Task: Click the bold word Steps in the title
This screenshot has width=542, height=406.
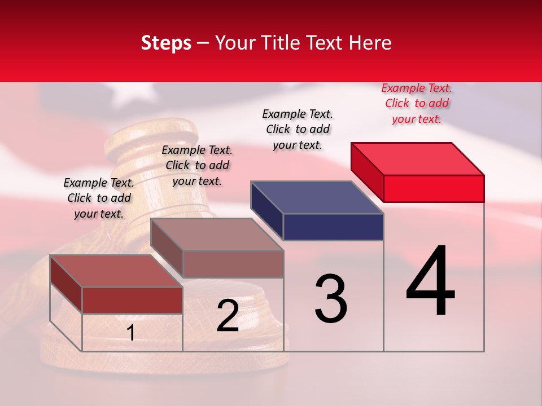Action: (166, 43)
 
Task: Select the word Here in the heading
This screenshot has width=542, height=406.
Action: (370, 43)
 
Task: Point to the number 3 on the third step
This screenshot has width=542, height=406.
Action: (331, 299)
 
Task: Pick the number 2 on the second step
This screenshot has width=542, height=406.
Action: (228, 315)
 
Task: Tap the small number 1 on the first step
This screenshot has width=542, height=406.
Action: (131, 333)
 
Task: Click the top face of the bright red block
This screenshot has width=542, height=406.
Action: (418, 158)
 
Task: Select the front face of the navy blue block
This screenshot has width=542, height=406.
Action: (333, 227)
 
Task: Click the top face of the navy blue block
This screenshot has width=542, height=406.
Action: (317, 197)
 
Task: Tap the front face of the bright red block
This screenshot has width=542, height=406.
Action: (434, 188)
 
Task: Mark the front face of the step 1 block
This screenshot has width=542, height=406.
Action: (132, 300)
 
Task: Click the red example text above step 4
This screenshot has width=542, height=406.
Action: (417, 104)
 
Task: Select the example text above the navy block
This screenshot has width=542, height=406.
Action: (298, 129)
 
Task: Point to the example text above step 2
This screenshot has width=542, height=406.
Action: (197, 165)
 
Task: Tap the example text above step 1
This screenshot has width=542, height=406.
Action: (99, 198)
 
